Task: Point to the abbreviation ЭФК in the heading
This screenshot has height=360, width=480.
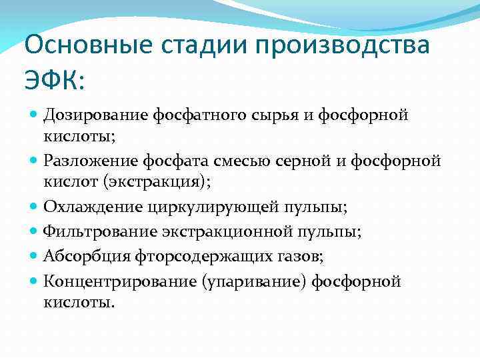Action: [50, 82]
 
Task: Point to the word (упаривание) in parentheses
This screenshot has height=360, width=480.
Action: [246, 281]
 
